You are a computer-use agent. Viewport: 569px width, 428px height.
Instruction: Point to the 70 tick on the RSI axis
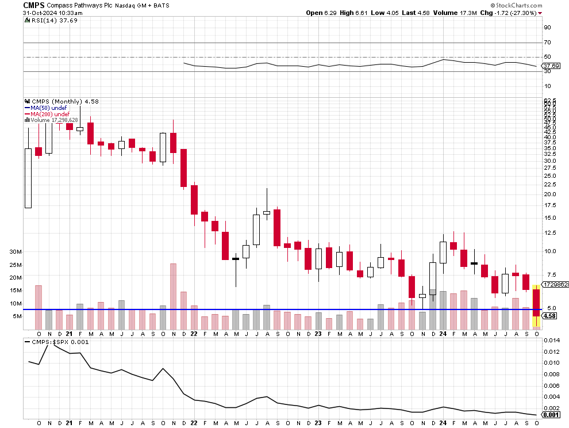pos(548,43)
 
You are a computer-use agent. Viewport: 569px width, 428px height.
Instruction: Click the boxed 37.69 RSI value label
pos(551,66)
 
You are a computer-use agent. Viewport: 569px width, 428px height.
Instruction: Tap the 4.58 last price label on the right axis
pos(550,316)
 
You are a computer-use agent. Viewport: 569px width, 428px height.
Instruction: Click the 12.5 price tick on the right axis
pos(551,232)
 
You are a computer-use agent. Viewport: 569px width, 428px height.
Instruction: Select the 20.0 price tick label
pos(551,194)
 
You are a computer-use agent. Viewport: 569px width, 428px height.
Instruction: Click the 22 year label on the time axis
pos(194,334)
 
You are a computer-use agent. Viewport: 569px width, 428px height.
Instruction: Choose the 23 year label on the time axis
pos(318,334)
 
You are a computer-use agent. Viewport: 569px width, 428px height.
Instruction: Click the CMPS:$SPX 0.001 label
pos(53,342)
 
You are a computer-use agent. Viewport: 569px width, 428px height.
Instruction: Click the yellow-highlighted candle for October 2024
pos(536,305)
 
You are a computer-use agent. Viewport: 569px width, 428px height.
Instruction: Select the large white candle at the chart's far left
pos(28,178)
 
